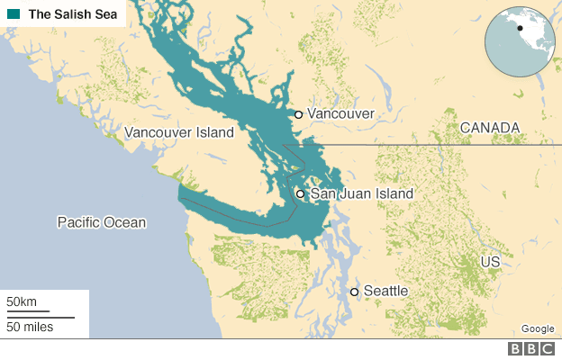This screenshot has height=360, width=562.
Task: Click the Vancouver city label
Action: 340,114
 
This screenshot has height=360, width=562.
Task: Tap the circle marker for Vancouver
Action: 298,114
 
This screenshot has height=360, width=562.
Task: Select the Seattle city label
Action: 385,292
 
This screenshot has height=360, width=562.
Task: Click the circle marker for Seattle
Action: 355,292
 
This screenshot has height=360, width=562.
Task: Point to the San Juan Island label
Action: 361,193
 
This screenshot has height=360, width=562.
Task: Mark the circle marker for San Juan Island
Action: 301,193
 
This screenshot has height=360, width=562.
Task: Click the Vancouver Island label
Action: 179,132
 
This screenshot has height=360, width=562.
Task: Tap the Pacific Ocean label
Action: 101,222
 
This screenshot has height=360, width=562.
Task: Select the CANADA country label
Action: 490,128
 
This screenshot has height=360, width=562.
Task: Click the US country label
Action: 490,261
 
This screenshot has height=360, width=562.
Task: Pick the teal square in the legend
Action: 12,14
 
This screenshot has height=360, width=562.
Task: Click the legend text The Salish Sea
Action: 70,14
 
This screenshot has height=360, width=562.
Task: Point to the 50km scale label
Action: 23,301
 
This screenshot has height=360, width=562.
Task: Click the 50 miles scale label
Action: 31,326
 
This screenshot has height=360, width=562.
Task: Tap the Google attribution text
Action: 538,328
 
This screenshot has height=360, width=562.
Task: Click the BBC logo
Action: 531,349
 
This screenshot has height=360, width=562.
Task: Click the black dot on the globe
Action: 520,28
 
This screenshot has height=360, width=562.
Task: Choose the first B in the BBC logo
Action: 516,349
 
